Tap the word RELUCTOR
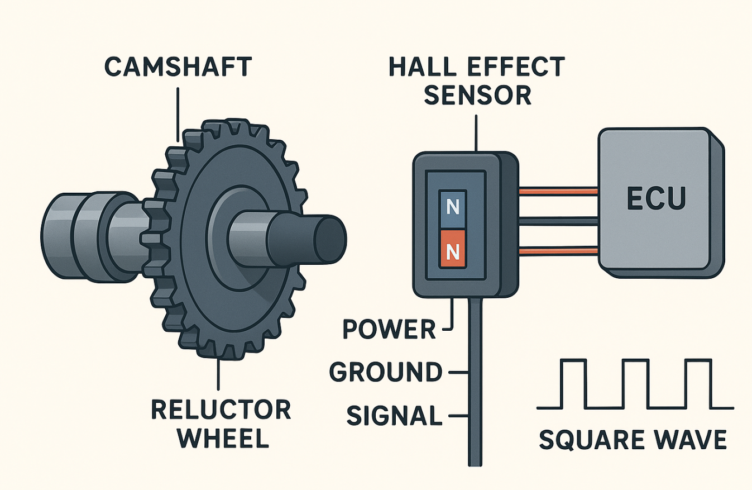tap(221, 410)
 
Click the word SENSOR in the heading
tap(478, 96)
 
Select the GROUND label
tap(385, 372)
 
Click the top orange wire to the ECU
tap(558, 192)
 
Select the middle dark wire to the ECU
tap(558, 220)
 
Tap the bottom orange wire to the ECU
tap(558, 252)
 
